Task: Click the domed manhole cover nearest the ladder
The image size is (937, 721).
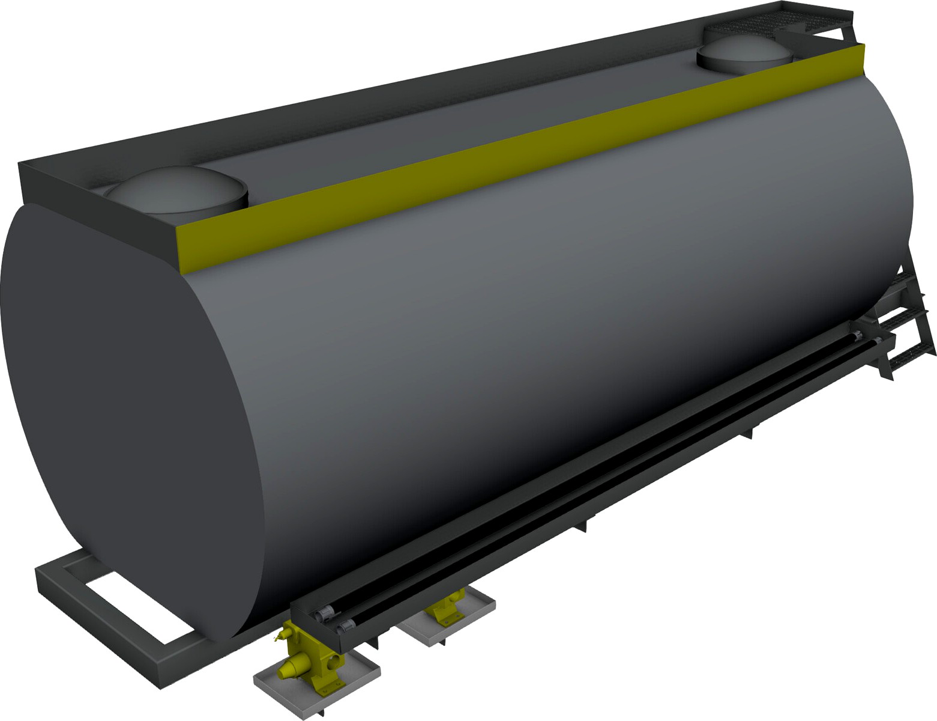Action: point(744,51)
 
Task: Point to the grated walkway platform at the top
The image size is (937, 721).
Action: point(780,21)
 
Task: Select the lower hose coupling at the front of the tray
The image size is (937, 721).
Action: point(343,628)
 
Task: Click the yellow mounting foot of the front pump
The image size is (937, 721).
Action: point(324,688)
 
